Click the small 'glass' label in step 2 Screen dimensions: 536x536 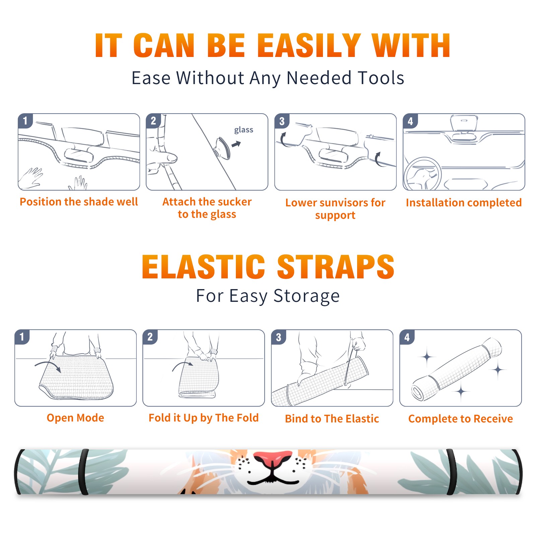[x=244, y=130]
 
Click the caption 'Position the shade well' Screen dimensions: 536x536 [x=79, y=202]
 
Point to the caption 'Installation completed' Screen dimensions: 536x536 [x=464, y=202]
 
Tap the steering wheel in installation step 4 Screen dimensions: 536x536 [x=422, y=174]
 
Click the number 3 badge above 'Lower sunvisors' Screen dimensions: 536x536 [x=282, y=121]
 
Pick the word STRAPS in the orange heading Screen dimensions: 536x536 [x=336, y=267]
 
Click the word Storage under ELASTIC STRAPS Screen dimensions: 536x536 [x=307, y=296]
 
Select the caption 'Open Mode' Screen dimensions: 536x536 [x=75, y=418]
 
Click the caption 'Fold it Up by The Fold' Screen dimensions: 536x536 [x=204, y=418]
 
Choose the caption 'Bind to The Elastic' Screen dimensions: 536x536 [x=332, y=419]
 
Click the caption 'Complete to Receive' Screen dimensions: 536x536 [x=461, y=419]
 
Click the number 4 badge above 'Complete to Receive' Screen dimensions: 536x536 [x=407, y=337]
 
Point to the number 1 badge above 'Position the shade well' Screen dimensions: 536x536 [x=25, y=121]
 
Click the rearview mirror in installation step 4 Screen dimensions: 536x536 [x=464, y=123]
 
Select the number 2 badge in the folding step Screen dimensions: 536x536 [x=150, y=337]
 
